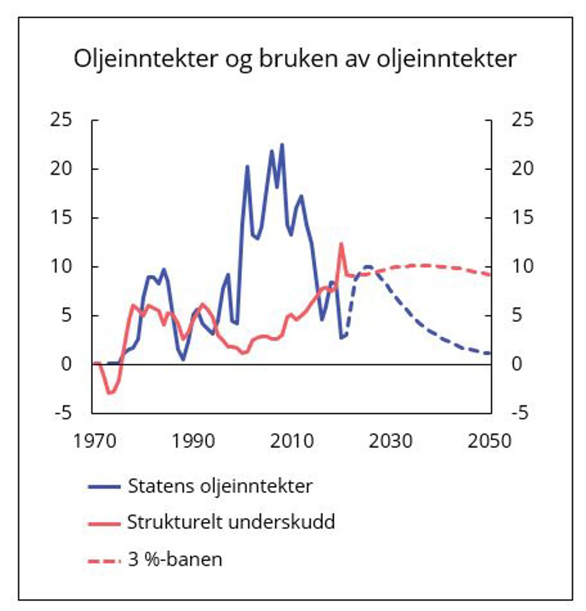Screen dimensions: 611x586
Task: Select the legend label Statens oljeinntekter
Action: [x=220, y=486]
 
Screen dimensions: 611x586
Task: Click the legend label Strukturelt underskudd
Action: [x=231, y=522]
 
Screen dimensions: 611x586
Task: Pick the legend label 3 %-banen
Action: [x=175, y=559]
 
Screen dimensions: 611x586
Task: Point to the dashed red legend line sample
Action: [x=104, y=560]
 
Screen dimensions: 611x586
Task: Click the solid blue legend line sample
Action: [x=104, y=487]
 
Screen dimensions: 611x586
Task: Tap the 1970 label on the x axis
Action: [x=95, y=441]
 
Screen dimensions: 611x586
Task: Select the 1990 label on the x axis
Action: [x=193, y=441]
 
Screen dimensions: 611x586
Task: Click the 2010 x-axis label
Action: [x=292, y=441]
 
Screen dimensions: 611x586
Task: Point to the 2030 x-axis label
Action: [x=390, y=441]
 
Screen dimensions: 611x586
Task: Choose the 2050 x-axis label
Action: [x=489, y=441]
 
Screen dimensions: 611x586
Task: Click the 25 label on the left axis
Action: [x=61, y=120]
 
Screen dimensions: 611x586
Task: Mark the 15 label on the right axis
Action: [x=522, y=217]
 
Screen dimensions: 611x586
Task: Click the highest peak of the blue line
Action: [x=282, y=144]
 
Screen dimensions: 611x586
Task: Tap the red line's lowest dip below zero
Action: [x=109, y=393]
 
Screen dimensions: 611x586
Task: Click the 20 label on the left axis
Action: [x=61, y=169]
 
